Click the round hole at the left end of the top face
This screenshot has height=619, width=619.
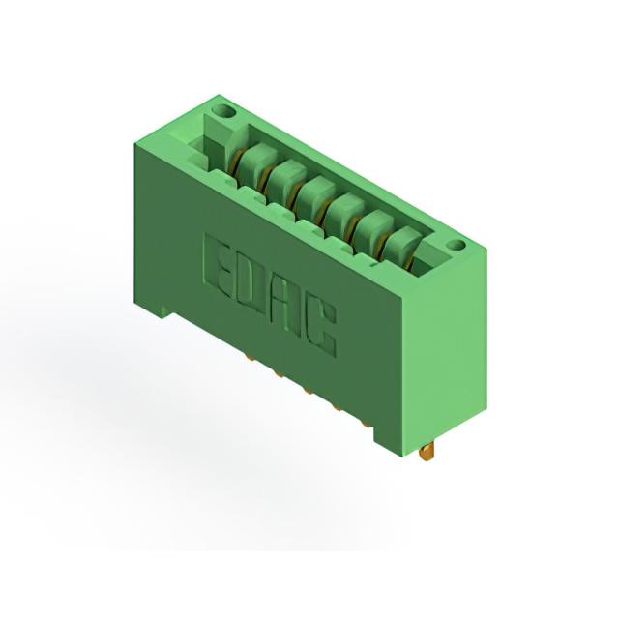tap(223, 112)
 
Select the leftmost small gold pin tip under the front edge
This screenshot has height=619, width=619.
tap(250, 358)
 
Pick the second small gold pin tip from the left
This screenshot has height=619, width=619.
tap(279, 374)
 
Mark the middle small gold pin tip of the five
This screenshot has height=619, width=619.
tap(308, 391)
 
